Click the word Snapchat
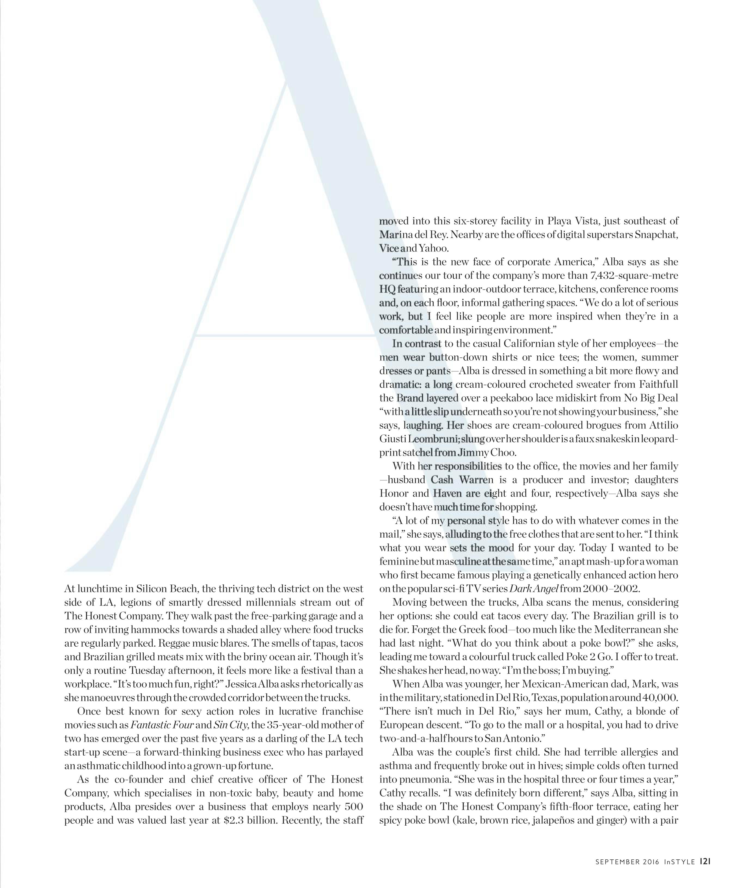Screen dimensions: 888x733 click(x=656, y=235)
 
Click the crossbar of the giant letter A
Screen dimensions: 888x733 click(x=283, y=335)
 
